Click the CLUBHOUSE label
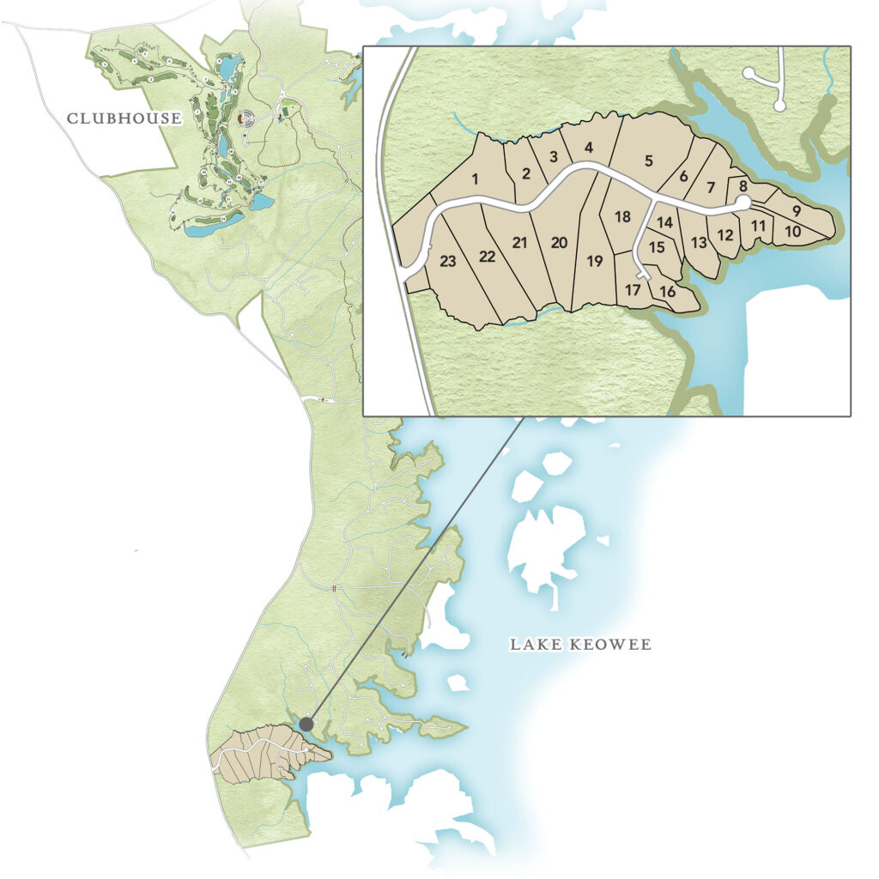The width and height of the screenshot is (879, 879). pos(124,118)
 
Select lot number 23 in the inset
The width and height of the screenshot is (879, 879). pos(447,262)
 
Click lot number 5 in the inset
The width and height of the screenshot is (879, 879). pos(649,161)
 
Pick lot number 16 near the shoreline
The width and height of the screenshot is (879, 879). pos(668,292)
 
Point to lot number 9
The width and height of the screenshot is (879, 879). pos(796,210)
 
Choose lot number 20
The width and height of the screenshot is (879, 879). pos(559,243)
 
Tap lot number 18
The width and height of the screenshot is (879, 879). pos(622,216)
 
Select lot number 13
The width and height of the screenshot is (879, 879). pos(699,242)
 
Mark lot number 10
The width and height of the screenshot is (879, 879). pos(792,231)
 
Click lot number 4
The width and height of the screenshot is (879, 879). pos(588,148)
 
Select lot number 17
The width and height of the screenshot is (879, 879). pos(633,290)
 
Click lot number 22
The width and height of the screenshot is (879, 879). pos(488,257)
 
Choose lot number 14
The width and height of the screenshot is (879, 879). pos(664,222)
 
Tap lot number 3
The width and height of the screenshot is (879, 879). pos(554,156)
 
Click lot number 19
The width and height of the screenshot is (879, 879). pos(595,262)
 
